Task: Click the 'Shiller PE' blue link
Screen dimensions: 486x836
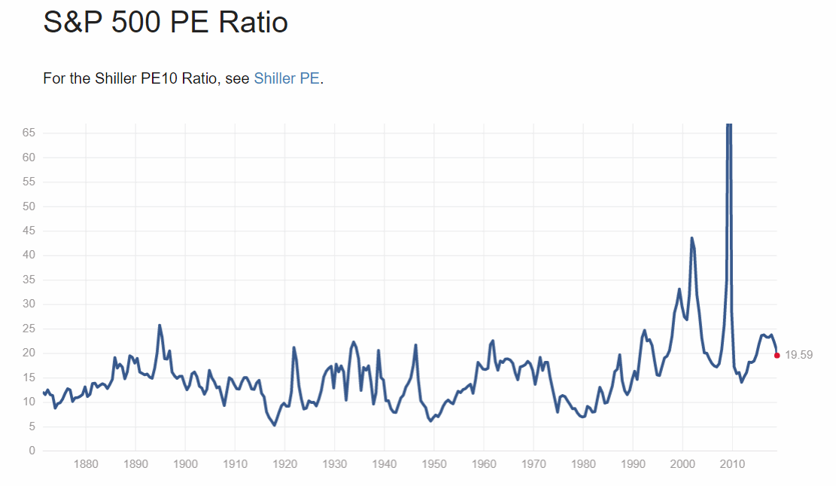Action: point(287,78)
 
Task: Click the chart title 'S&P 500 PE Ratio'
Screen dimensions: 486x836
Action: point(166,23)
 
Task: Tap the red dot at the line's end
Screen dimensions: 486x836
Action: point(777,355)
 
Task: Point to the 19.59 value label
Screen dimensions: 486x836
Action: point(798,355)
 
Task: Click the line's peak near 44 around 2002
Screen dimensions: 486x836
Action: point(692,238)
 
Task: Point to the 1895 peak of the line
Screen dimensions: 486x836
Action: point(160,326)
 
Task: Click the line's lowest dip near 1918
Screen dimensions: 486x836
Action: point(274,425)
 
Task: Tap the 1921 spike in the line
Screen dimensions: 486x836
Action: point(293,347)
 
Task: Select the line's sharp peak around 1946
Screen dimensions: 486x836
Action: point(415,345)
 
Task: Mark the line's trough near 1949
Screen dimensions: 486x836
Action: point(430,420)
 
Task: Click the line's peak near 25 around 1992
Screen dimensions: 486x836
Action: point(645,330)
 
